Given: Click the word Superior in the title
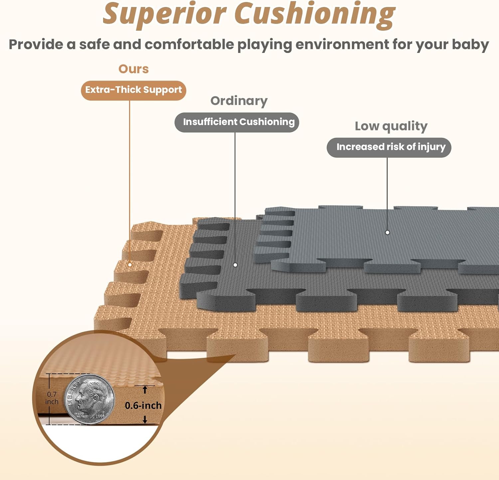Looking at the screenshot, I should click(165, 14).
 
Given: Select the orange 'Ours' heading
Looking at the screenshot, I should click(133, 69).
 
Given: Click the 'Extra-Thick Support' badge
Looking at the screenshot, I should click(133, 90).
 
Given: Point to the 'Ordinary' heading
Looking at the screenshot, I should click(239, 101).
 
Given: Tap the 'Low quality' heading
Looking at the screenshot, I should click(391, 126).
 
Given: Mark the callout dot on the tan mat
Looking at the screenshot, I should click(130, 265).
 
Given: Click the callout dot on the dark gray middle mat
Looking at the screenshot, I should click(235, 265).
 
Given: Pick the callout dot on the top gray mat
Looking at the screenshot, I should click(387, 232).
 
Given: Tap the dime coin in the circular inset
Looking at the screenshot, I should click(89, 399).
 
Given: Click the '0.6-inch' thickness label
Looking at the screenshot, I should click(143, 405).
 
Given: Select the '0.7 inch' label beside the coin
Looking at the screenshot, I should click(52, 398).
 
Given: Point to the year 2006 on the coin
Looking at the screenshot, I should click(100, 416).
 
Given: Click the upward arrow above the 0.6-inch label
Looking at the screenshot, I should click(145, 389).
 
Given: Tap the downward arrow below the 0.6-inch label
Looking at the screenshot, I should click(145, 420).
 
